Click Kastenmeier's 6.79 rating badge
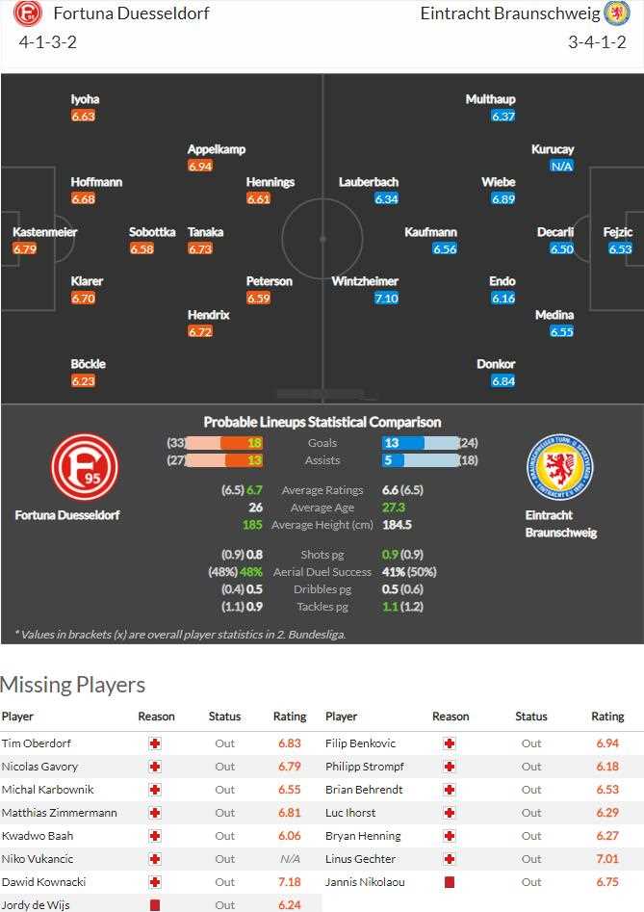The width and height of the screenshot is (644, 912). pos(24,248)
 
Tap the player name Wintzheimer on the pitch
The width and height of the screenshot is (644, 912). pos(365,281)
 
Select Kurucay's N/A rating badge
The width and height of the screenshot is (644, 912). pos(562,166)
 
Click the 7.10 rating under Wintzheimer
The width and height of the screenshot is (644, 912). pos(386,299)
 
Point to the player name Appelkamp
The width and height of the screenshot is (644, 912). pos(217,149)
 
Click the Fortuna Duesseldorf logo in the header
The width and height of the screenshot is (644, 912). pos(29,14)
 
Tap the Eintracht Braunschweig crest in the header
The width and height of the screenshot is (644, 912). pos(616,13)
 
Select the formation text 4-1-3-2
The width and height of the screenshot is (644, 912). pos(48,42)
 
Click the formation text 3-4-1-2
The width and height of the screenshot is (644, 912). pos(597,42)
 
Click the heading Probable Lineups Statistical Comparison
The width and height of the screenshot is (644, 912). pos(322,422)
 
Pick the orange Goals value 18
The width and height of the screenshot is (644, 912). pos(254,443)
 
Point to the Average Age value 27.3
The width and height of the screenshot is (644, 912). pos(394,508)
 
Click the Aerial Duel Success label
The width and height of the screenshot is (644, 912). pos(322,572)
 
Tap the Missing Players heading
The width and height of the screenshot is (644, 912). pos(73,685)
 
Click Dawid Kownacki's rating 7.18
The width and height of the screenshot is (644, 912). pos(289,882)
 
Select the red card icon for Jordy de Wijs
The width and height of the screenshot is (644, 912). pos(155,905)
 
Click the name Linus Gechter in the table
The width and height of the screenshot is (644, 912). pos(360,859)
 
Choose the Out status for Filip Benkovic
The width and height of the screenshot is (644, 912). pos(531,743)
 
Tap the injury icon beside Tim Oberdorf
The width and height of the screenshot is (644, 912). pos(155,743)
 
